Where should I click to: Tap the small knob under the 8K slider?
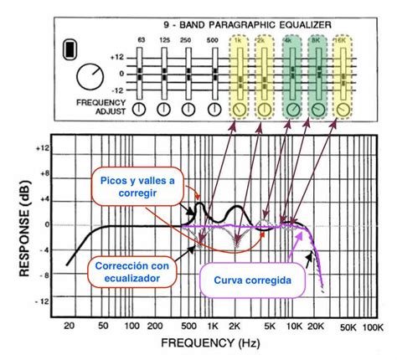319,110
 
